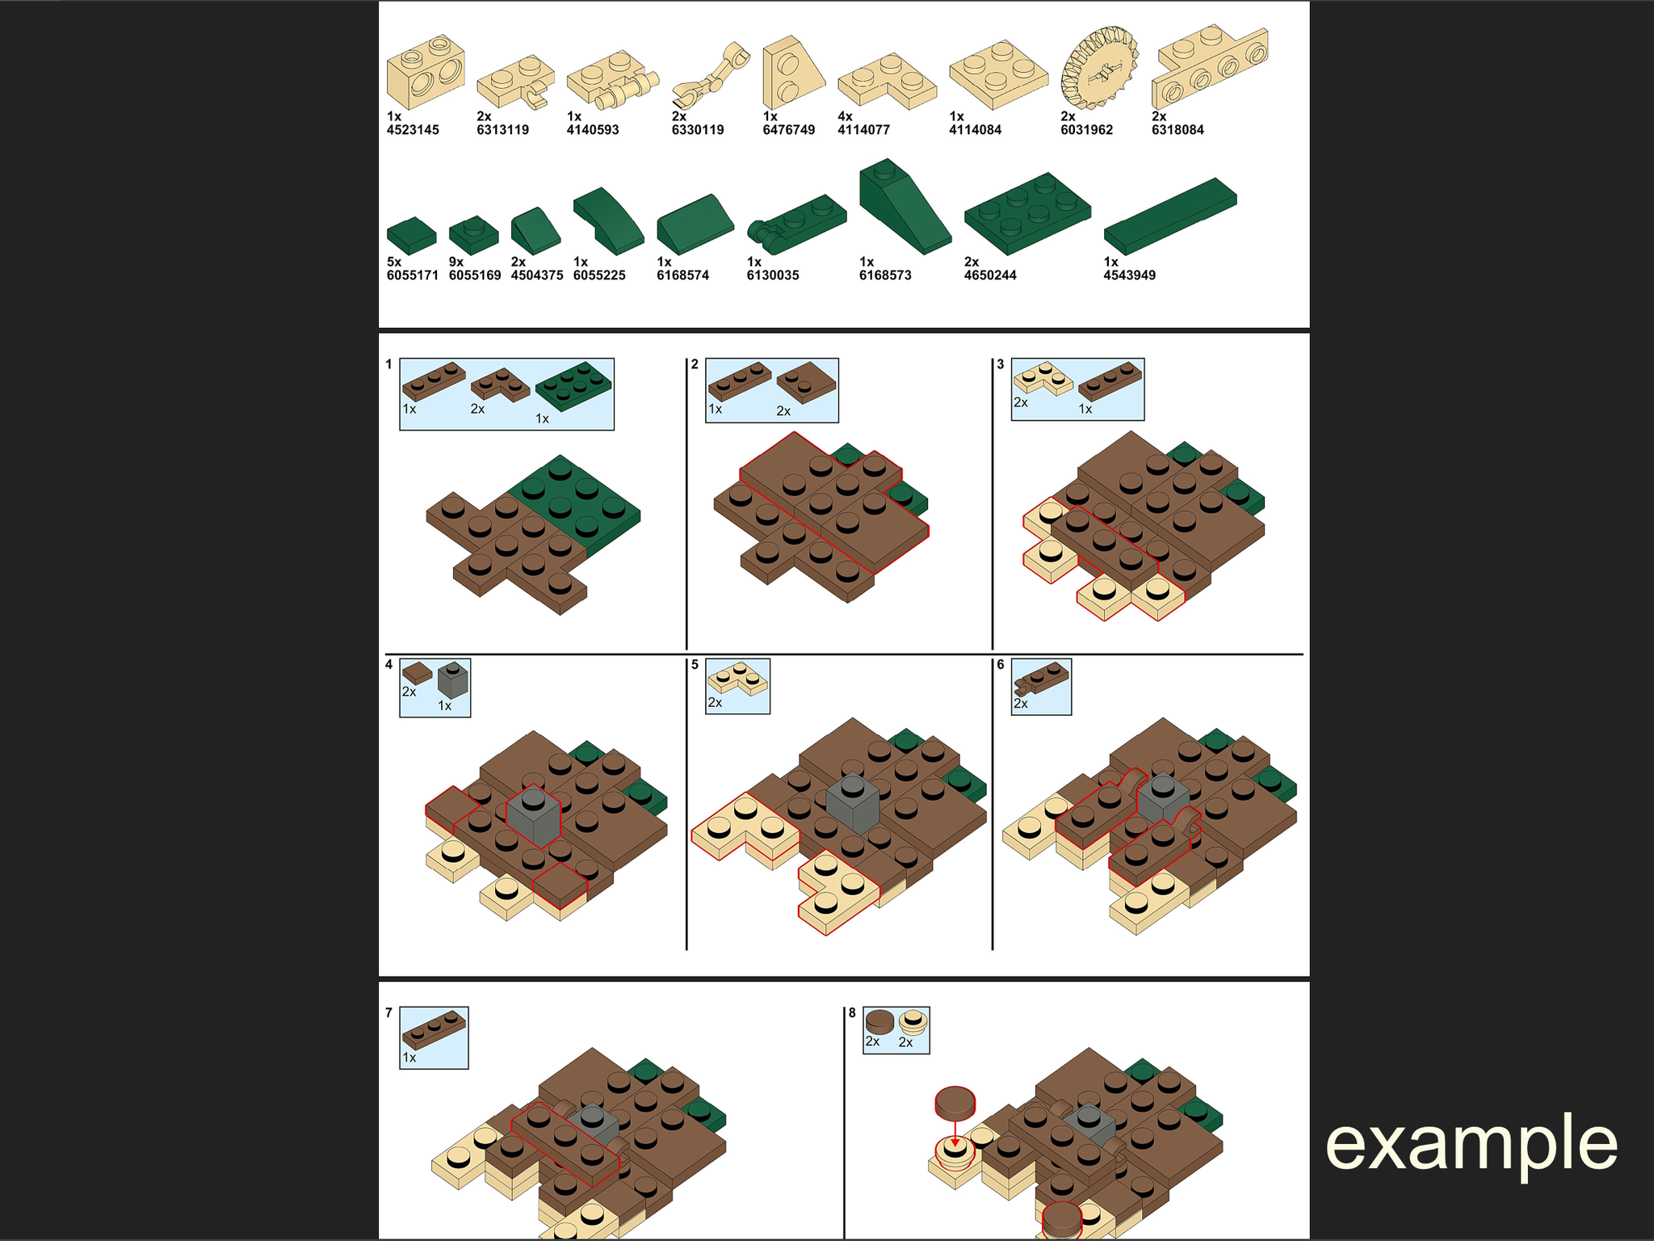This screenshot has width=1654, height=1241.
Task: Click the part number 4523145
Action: (413, 130)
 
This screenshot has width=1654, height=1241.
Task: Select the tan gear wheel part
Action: (1099, 68)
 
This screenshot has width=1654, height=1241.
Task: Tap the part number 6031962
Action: (1087, 130)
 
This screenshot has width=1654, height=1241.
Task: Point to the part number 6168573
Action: (885, 276)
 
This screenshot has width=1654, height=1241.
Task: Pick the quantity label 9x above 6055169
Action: (456, 262)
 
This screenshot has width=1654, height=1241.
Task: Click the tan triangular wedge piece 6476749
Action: (794, 73)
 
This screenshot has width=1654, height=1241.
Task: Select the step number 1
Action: (388, 364)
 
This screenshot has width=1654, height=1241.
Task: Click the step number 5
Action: (695, 665)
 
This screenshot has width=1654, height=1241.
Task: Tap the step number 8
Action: (851, 1012)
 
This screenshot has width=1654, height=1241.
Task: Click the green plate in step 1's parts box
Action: (573, 386)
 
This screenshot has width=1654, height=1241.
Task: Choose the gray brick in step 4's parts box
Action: (453, 680)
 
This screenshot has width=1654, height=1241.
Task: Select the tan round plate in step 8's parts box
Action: (913, 1021)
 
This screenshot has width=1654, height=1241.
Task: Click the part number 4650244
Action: (990, 276)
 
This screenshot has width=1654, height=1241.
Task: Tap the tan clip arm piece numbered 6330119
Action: (711, 77)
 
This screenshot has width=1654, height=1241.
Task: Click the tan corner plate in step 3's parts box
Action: (1043, 378)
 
